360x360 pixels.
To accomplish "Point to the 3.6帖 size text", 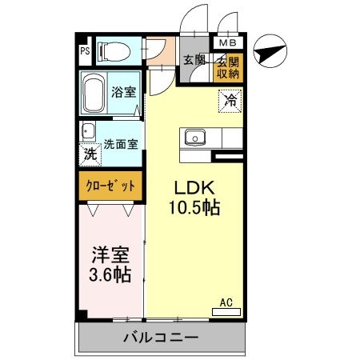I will coord(110,274).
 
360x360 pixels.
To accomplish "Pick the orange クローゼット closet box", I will coord(110,186).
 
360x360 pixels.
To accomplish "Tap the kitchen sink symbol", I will coord(194,138).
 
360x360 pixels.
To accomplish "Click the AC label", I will coord(226,303).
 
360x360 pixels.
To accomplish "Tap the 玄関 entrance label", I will coord(194,59).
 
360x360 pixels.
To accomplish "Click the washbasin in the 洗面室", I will coord(86,132).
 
